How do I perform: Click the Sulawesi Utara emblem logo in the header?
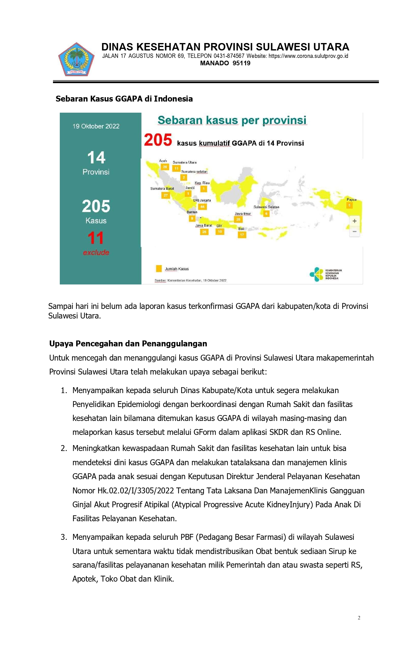tap(76, 60)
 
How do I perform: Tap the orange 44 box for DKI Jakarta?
tap(203, 206)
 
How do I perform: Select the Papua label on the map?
tap(351, 200)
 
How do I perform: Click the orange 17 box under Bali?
tap(242, 235)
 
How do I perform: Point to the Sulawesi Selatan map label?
tap(266, 207)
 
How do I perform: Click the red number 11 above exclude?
tap(96, 238)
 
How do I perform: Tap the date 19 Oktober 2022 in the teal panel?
tap(96, 126)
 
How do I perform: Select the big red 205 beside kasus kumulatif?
tap(158, 140)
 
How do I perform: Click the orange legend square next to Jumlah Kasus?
tap(159, 269)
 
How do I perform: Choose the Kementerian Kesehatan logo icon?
tap(316, 274)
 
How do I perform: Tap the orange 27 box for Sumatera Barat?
tap(166, 195)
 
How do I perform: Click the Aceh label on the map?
tap(163, 161)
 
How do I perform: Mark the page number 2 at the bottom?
tap(359, 618)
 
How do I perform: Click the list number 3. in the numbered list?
tap(64, 537)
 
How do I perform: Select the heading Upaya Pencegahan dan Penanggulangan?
tap(128, 344)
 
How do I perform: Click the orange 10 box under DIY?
tap(220, 232)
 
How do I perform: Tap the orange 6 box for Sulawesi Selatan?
tap(266, 214)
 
